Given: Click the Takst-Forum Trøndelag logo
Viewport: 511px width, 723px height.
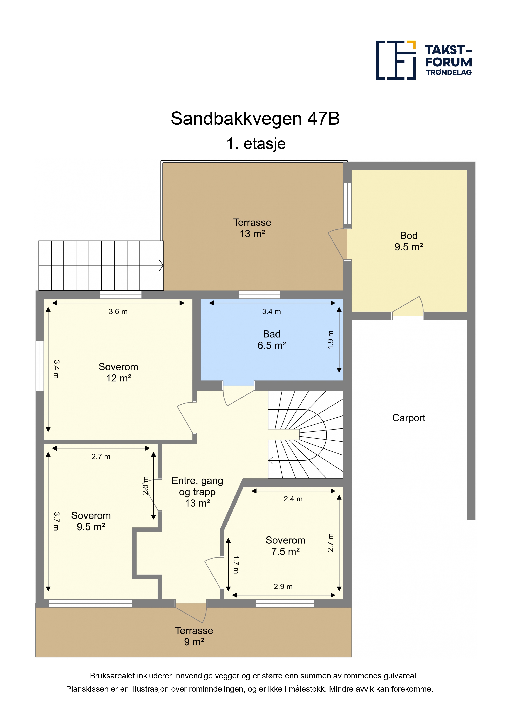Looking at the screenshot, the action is [x=424, y=60].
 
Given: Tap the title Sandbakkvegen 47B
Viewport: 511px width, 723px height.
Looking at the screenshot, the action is [x=255, y=118].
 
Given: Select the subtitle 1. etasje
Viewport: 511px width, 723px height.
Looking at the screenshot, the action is [x=256, y=144].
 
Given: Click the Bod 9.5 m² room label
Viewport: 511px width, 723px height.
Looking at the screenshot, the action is [x=409, y=241].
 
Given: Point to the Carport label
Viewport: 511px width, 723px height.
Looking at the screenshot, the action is [x=409, y=418].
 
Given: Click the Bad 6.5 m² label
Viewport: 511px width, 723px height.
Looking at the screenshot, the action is [x=272, y=340].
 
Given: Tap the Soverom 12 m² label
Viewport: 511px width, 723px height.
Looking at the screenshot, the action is [x=118, y=372].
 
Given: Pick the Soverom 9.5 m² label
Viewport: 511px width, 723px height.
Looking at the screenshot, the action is [x=91, y=521].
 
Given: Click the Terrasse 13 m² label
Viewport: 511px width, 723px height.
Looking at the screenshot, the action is [x=252, y=228].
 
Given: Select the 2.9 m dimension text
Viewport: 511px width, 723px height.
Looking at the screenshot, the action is [x=283, y=587].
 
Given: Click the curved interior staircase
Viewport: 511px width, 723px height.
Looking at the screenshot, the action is [x=305, y=434].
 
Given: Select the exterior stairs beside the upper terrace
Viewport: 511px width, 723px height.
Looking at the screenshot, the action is [x=101, y=265].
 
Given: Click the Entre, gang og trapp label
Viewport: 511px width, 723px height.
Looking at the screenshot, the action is [x=197, y=492].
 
